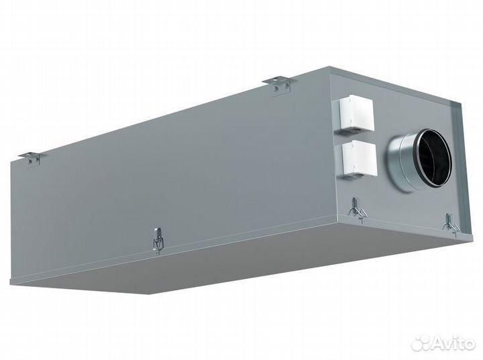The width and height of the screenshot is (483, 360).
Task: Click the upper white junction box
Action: pyautogui.click(x=356, y=115)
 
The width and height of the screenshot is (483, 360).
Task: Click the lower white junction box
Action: pyautogui.click(x=359, y=159)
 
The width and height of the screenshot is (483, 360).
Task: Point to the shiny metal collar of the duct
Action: pyautogui.click(x=400, y=163)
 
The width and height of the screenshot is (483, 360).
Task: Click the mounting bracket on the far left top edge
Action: pyautogui.click(x=32, y=158)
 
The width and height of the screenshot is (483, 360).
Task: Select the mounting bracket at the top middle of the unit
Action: pyautogui.click(x=280, y=84)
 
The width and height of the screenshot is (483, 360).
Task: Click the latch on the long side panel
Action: pyautogui.click(x=158, y=239)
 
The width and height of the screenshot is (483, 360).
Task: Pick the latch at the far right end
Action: pyautogui.click(x=451, y=225)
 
